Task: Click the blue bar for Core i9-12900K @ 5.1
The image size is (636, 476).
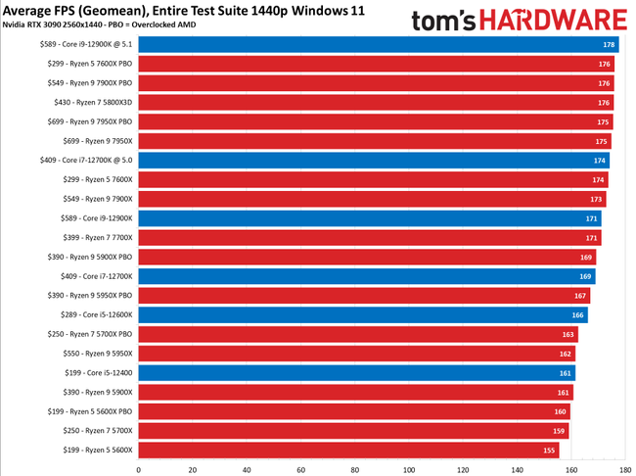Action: pos(377,45)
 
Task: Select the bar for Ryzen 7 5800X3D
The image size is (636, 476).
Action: pos(375,103)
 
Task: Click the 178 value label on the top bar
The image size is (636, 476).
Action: pos(609,45)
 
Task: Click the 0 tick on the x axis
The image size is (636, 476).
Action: pos(139,468)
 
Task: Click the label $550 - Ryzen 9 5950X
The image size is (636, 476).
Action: pos(90,354)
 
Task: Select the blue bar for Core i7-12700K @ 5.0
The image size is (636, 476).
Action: pos(372,161)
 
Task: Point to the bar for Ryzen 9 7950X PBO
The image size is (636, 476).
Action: pos(375,122)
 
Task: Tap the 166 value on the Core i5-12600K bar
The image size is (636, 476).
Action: pos(578,314)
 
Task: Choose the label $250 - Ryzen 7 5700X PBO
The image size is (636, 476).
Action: pos(83,334)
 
